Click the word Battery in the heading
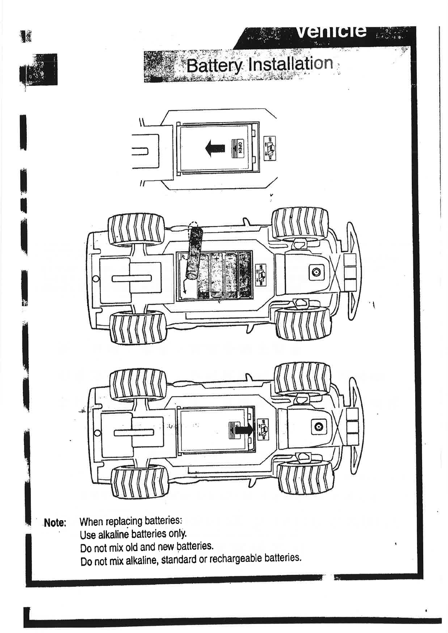[x=214, y=65]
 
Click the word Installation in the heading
[x=291, y=64]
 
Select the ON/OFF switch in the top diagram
[x=270, y=148]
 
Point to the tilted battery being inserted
[x=194, y=251]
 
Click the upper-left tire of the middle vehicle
[x=136, y=229]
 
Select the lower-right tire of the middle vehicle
[x=303, y=323]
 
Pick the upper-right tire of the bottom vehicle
[x=303, y=378]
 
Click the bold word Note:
[x=55, y=523]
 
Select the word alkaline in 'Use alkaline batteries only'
[x=113, y=534]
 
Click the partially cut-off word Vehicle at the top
[x=331, y=31]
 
